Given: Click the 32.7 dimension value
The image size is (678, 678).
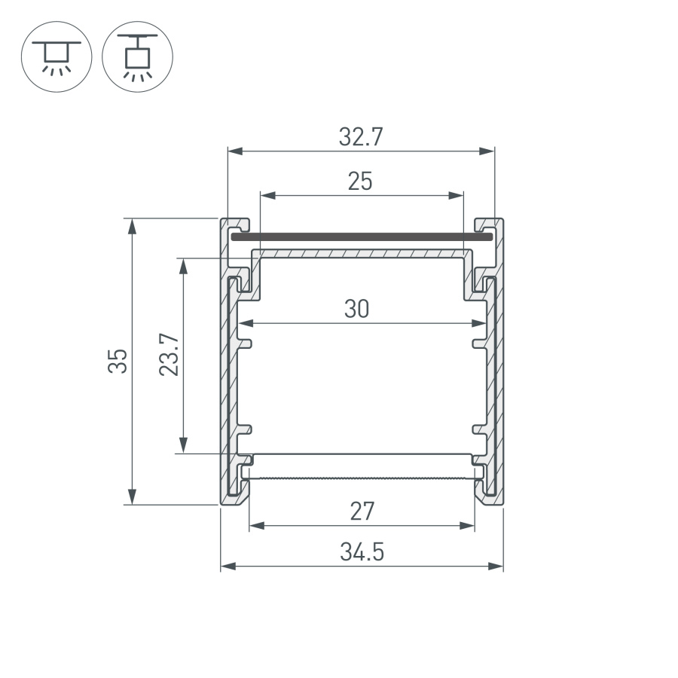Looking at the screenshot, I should [x=361, y=137].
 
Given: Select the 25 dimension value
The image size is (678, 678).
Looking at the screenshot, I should [x=360, y=182].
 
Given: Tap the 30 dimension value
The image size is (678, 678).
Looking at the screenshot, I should [x=357, y=309].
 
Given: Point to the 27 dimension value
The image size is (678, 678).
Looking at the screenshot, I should [x=362, y=512].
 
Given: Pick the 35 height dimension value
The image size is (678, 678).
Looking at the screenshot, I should [x=118, y=361].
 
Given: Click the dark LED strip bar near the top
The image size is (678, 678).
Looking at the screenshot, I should [x=362, y=237].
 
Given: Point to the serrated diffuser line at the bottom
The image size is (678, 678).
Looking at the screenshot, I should [x=362, y=478].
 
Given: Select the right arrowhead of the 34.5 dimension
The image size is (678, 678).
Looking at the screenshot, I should [x=496, y=566].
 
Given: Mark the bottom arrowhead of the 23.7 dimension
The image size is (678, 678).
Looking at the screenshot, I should [x=182, y=446].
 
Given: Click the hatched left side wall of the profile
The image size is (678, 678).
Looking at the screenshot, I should [x=225, y=377].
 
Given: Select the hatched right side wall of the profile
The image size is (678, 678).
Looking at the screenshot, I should [x=498, y=377].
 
